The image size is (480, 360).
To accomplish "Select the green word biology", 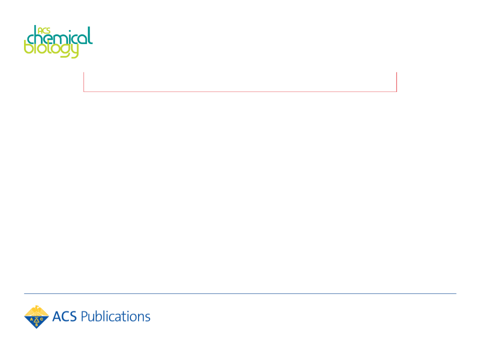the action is click(51, 49).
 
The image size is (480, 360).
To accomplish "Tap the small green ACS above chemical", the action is click(44, 30).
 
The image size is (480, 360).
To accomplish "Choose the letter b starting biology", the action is click(28, 47).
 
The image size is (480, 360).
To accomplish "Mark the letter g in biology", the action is click(64, 51).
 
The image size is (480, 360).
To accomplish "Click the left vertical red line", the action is click(83, 81).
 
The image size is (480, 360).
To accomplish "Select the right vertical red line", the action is click(396, 81).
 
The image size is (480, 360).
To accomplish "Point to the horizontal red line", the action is click(240, 91).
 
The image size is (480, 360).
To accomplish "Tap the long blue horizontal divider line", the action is click(240, 293).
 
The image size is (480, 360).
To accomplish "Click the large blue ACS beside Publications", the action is click(64, 316).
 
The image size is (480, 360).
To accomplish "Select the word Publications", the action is click(115, 316).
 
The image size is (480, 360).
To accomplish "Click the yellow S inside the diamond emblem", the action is click(36, 325).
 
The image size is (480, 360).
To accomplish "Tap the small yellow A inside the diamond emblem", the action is click(31, 319).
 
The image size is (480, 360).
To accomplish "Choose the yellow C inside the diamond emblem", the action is click(41, 319).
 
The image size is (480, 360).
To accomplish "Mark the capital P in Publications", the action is click(84, 316).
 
